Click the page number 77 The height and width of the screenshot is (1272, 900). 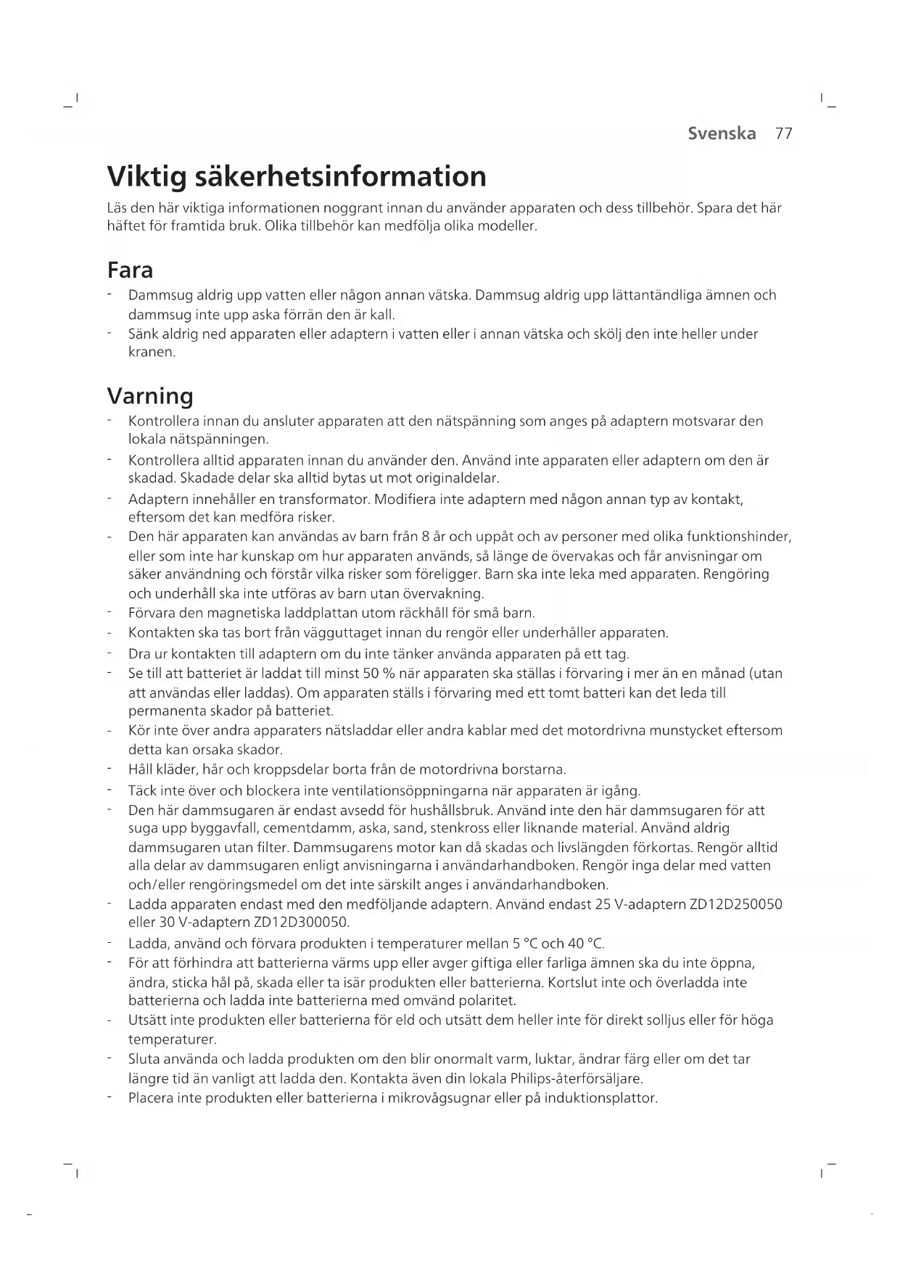783,133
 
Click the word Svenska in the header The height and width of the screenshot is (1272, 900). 722,133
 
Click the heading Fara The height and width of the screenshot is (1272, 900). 130,270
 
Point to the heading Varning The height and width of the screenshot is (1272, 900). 150,396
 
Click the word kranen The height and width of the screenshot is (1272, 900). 152,352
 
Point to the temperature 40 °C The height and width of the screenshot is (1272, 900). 586,943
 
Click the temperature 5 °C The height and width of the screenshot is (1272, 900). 525,943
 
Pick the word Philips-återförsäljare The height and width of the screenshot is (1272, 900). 577,1078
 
